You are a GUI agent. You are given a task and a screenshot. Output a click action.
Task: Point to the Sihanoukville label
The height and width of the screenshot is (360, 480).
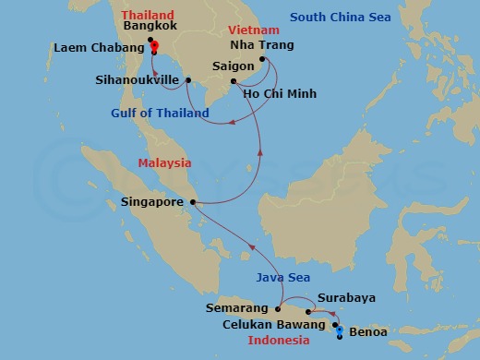tap(138, 79)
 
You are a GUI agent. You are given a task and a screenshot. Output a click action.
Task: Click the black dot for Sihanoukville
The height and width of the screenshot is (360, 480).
tap(187, 79)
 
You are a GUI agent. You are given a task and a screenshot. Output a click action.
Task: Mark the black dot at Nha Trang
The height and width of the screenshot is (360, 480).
tap(263, 59)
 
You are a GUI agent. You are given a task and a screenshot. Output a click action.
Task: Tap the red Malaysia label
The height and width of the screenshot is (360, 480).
tap(164, 162)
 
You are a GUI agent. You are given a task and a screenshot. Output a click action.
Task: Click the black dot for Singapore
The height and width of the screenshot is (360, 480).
tap(191, 201)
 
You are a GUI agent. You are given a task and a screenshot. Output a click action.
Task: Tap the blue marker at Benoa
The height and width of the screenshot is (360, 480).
tap(340, 330)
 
